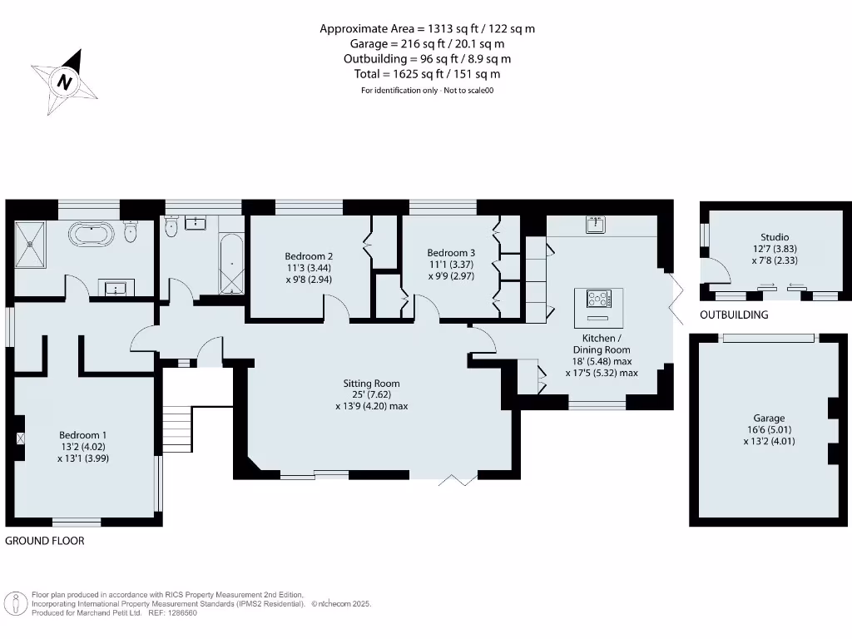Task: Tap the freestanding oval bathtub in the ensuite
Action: [92, 234]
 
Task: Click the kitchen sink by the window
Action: [594, 225]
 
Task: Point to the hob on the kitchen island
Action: [598, 298]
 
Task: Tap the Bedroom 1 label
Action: [82, 435]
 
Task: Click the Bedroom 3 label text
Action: [451, 253]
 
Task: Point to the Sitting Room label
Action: [366, 384]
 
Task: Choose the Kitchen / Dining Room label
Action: [600, 344]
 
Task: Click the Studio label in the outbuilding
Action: [774, 237]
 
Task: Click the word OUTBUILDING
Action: [733, 315]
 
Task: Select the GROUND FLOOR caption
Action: [45, 541]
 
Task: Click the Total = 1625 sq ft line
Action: [427, 74]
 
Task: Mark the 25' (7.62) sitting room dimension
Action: [367, 394]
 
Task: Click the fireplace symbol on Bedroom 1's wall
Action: [20, 437]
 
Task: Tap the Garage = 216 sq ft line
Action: [427, 44]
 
